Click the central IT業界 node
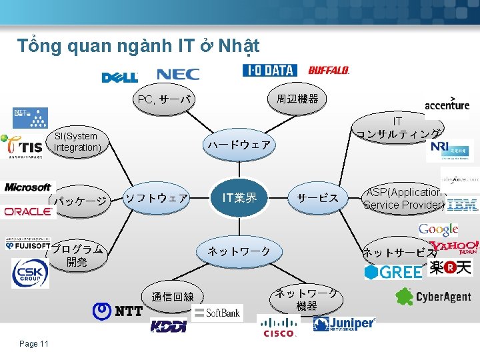pyautogui.click(x=239, y=197)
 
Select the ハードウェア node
pyautogui.click(x=239, y=145)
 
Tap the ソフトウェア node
pyautogui.click(x=157, y=198)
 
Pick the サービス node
pyautogui.click(x=318, y=198)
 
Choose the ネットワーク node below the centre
pyautogui.click(x=239, y=251)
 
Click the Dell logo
pyautogui.click(x=120, y=77)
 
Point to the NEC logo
pyautogui.click(x=178, y=75)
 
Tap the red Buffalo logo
pyautogui.click(x=329, y=70)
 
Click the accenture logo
pyautogui.click(x=447, y=104)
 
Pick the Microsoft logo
pyautogui.click(x=27, y=187)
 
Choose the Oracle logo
pyautogui.click(x=28, y=211)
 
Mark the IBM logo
pyautogui.click(x=463, y=205)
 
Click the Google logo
pyautogui.click(x=438, y=229)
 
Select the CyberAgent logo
pyautogui.click(x=433, y=297)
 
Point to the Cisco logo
pyautogui.click(x=279, y=326)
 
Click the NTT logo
pyautogui.click(x=117, y=311)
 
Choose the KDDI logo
pyautogui.click(x=169, y=326)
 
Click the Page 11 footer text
pyautogui.click(x=34, y=343)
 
